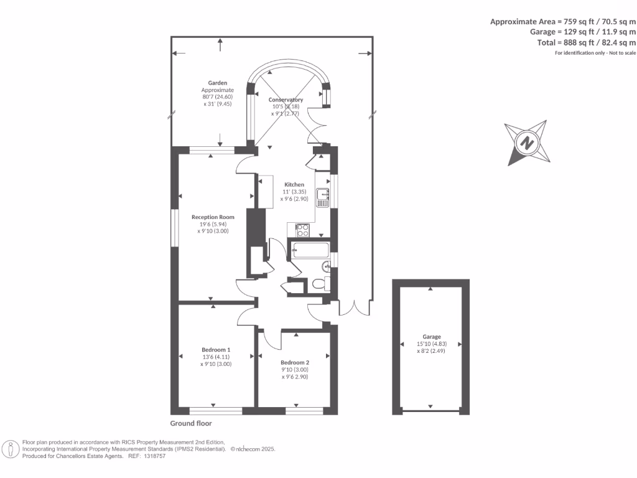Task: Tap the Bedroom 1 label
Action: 216,349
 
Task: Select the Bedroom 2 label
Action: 295,362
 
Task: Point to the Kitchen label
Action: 294,185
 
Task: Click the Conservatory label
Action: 286,100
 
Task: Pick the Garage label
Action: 431,336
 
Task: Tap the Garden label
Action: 218,82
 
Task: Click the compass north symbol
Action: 528,143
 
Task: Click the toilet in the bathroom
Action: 318,284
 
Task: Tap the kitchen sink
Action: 322,198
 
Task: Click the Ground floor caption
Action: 191,423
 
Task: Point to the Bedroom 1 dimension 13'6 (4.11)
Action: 216,357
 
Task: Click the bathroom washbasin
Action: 327,267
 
